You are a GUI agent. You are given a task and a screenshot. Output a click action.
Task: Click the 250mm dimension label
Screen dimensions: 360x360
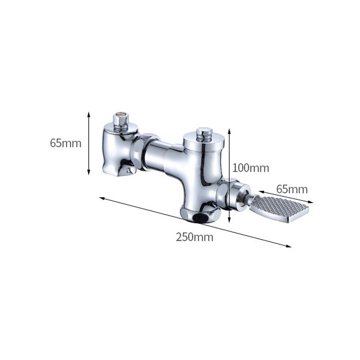pyautogui.click(x=194, y=237)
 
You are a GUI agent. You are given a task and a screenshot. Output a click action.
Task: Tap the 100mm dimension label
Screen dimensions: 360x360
pyautogui.click(x=251, y=168)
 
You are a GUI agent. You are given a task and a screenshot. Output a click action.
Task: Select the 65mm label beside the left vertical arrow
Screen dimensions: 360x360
pyautogui.click(x=66, y=143)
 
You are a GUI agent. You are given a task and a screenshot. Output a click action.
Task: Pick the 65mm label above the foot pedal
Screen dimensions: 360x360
pyautogui.click(x=292, y=189)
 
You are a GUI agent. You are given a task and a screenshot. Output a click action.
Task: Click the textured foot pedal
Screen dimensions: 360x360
pyautogui.click(x=280, y=209)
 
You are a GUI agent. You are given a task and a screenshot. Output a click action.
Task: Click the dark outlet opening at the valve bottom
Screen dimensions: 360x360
pyautogui.click(x=201, y=218)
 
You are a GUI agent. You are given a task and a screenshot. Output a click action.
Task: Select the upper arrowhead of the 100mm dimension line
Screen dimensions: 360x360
pyautogui.click(x=229, y=131)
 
